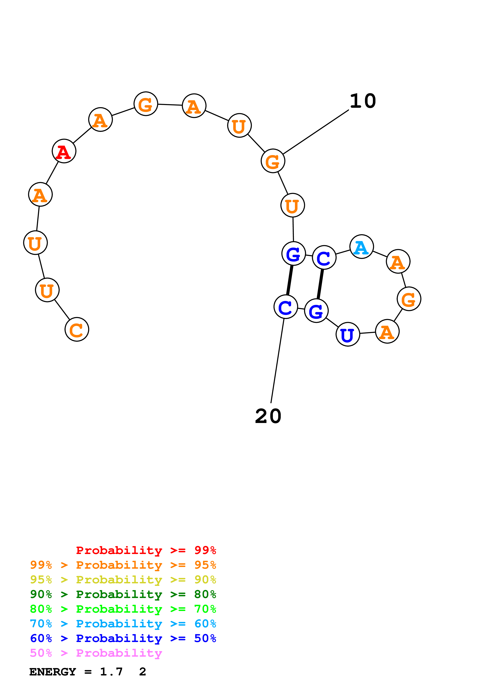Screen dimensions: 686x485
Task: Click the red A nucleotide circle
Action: pyautogui.click(x=64, y=151)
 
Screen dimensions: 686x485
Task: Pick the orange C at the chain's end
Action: pyautogui.click(x=77, y=329)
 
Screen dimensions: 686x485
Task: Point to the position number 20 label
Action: pyautogui.click(x=268, y=416)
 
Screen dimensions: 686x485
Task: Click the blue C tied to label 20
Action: pyautogui.click(x=286, y=307)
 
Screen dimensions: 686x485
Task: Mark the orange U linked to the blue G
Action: pyautogui.click(x=292, y=205)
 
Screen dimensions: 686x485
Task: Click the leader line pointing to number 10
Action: pyautogui.click(x=316, y=132)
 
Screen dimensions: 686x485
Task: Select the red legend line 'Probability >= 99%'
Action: pyautogui.click(x=146, y=550)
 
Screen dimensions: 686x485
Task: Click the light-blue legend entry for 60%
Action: pyautogui.click(x=123, y=624)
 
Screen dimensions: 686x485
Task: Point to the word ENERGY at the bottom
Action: pyautogui.click(x=53, y=672)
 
